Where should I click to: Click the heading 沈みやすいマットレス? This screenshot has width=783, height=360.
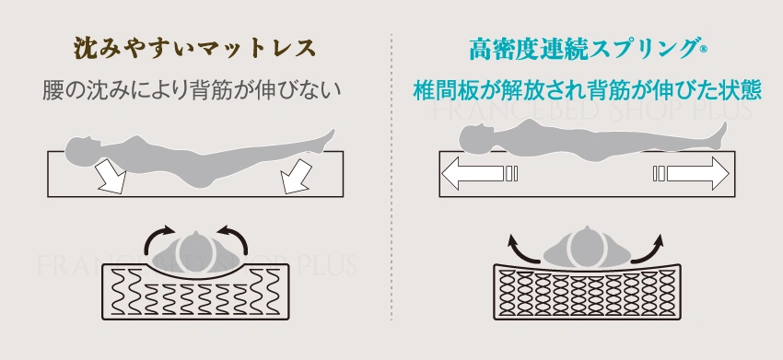click(x=194, y=49)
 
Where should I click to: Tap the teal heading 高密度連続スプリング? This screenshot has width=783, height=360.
click(x=583, y=50)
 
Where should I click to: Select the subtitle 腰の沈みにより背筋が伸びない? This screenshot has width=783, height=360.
click(x=192, y=90)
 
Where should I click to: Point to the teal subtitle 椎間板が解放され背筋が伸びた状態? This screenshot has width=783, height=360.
click(x=588, y=90)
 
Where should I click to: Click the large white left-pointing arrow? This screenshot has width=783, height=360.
click(x=479, y=173)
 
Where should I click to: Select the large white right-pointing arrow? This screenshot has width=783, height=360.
click(x=691, y=173)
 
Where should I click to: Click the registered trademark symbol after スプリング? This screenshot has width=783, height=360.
click(x=703, y=50)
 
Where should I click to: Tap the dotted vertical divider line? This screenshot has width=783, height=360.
click(x=391, y=178)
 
